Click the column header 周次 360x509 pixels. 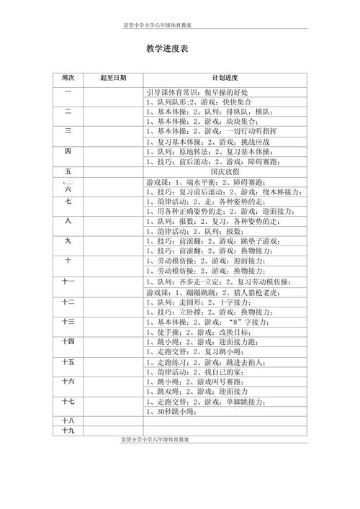point(68,77)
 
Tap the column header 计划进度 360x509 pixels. point(225,77)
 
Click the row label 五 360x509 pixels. point(68,172)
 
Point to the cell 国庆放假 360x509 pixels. point(225,172)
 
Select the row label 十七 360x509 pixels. point(68,401)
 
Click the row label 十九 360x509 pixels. point(68,431)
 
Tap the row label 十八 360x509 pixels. point(68,420)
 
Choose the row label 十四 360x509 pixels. point(68,341)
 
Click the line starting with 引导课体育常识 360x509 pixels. point(197,93)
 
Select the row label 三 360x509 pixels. point(68,131)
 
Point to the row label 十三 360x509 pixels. point(68,321)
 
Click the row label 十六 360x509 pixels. point(68,381)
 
